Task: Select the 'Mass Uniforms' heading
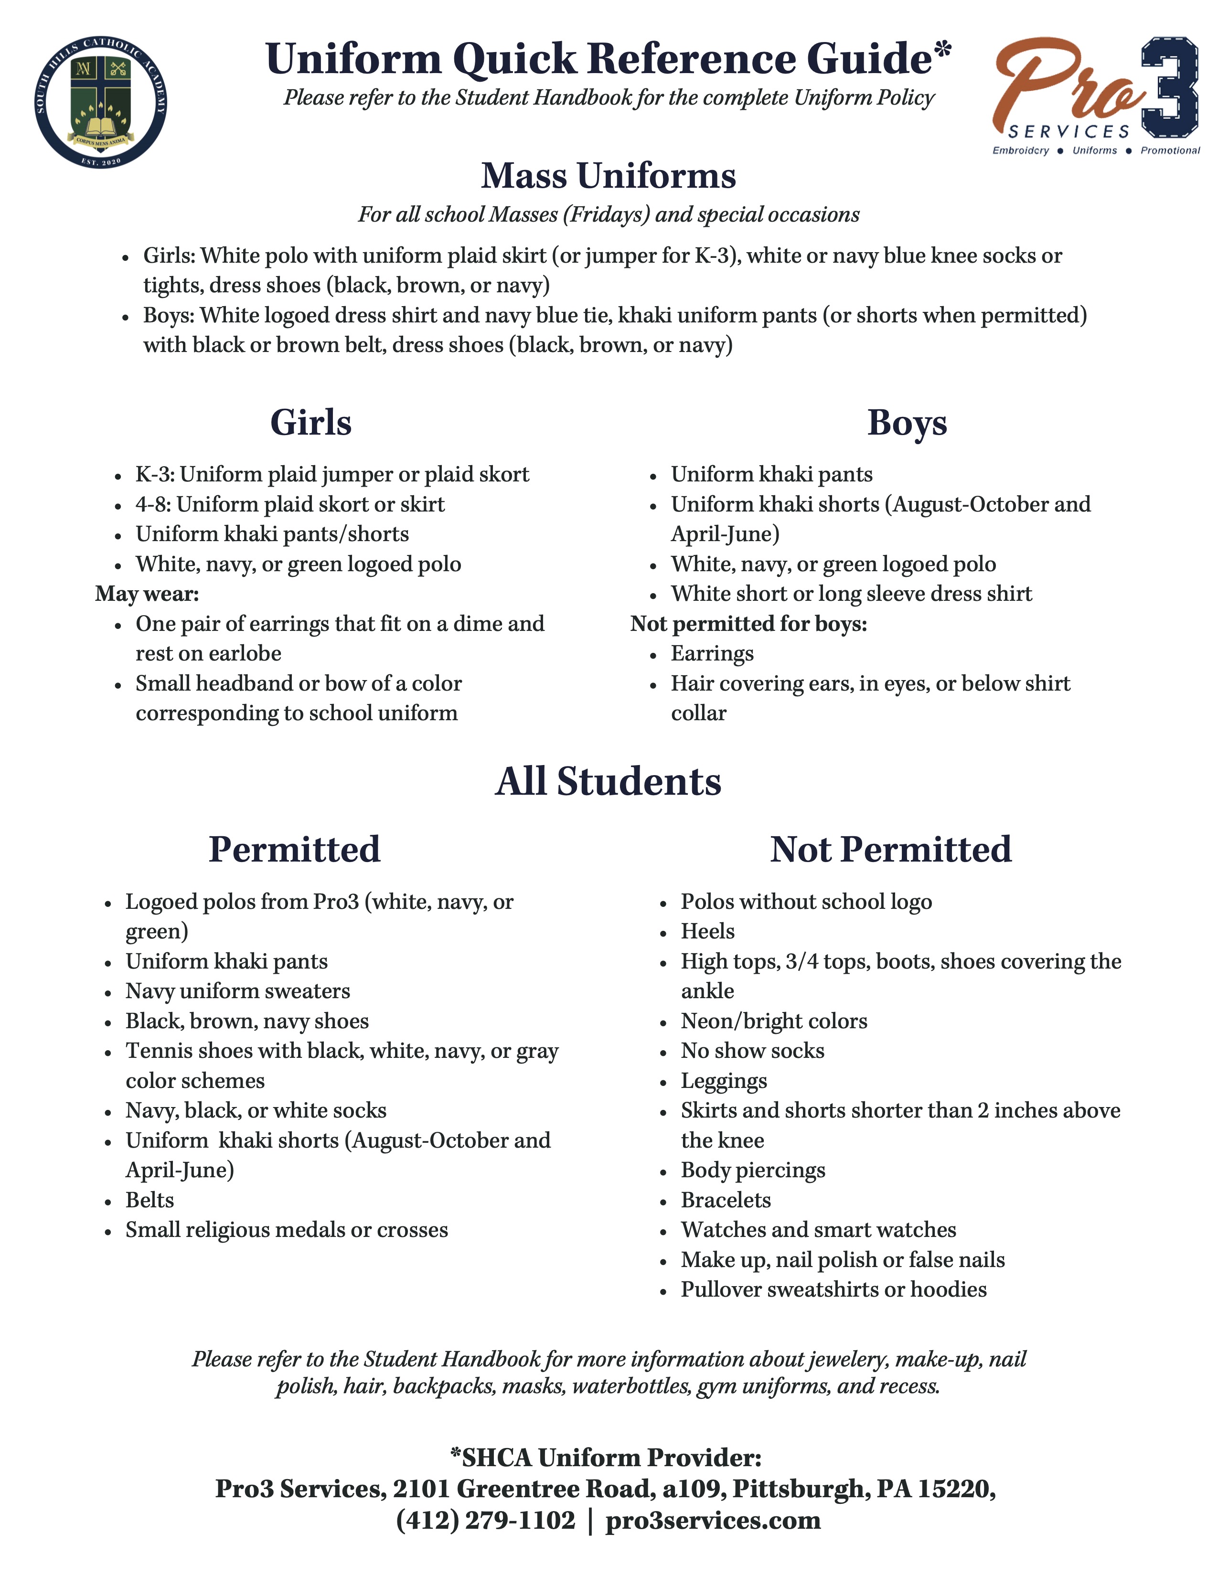[x=608, y=176]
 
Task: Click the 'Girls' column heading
[x=310, y=423]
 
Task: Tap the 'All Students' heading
[x=608, y=781]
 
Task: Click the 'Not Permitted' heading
[x=890, y=849]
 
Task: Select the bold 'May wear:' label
[x=147, y=594]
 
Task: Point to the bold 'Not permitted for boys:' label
[x=748, y=623]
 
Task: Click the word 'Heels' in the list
[x=707, y=932]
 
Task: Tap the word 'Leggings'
[x=724, y=1081]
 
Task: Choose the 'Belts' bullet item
[x=150, y=1200]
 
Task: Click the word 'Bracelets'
[x=725, y=1200]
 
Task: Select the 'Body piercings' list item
[x=753, y=1171]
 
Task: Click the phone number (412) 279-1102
[x=486, y=1521]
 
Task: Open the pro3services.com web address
[x=713, y=1521]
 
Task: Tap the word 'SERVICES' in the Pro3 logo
[x=1068, y=131]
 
